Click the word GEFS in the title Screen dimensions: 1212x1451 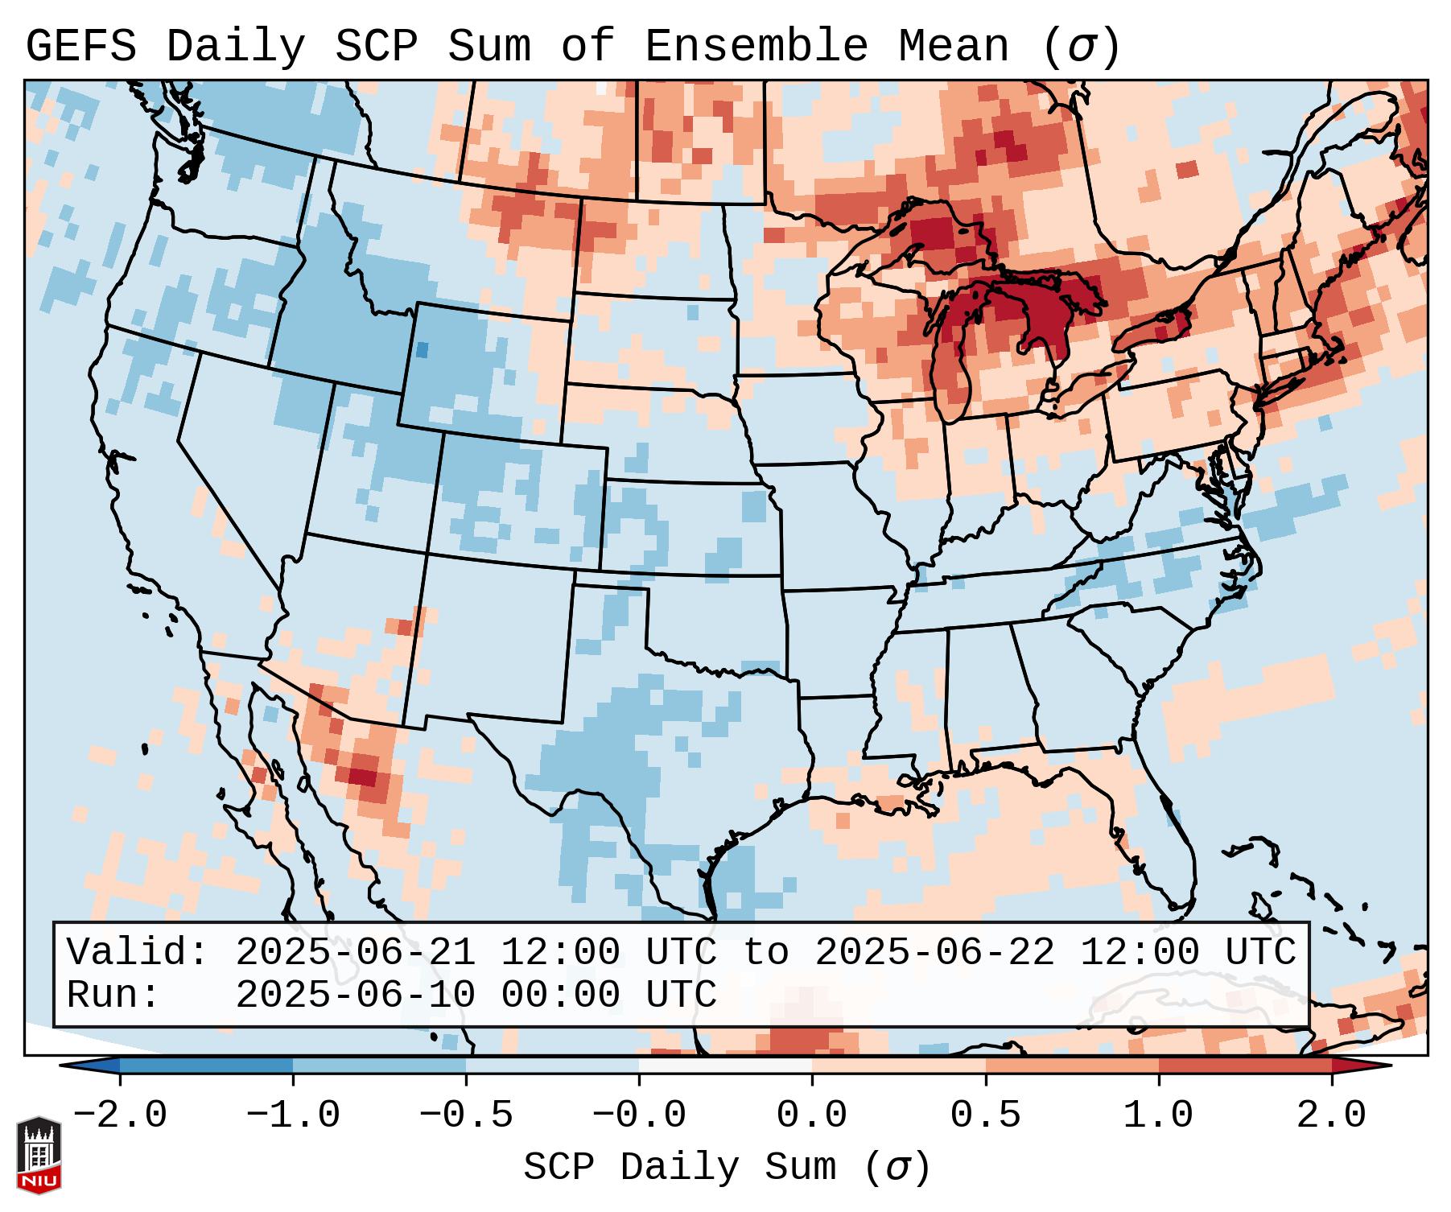click(x=80, y=47)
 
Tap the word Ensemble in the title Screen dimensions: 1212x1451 click(x=756, y=47)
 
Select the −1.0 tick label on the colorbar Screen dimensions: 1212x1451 click(x=292, y=1115)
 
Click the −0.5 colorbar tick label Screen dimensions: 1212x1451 click(x=465, y=1115)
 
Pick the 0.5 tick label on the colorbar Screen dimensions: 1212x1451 click(x=986, y=1115)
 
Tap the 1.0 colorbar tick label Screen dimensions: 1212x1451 click(x=1159, y=1115)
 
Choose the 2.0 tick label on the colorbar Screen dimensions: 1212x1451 click(x=1332, y=1115)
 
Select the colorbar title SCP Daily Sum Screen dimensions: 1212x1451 click(x=680, y=1167)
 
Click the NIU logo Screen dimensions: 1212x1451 click(x=39, y=1155)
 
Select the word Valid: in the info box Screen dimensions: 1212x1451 click(x=138, y=953)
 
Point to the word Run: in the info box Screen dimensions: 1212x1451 click(x=113, y=996)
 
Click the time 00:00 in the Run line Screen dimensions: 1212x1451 click(x=561, y=996)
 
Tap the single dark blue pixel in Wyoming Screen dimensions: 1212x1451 click(x=423, y=349)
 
